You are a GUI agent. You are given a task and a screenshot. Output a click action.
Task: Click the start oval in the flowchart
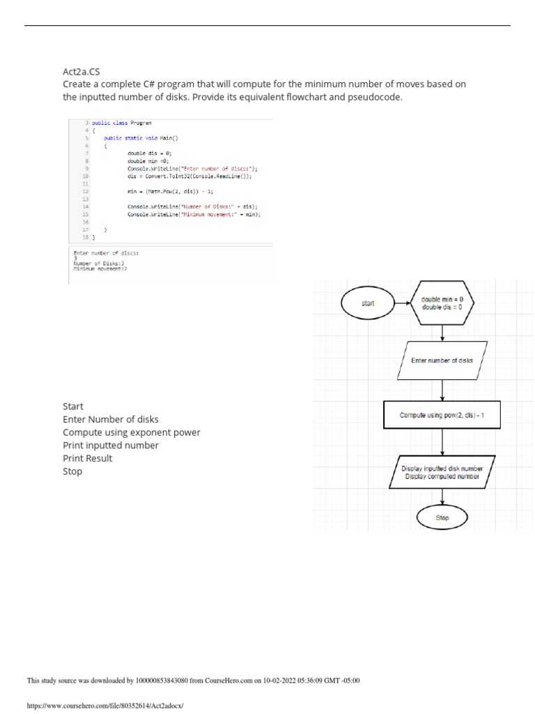tap(368, 303)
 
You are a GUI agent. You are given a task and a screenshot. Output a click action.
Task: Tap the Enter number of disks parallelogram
tap(442, 360)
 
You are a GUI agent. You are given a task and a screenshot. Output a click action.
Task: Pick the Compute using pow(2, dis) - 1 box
tap(442, 415)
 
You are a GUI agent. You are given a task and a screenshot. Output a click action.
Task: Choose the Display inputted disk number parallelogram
tap(442, 472)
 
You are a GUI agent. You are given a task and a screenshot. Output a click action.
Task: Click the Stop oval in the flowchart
tap(442, 518)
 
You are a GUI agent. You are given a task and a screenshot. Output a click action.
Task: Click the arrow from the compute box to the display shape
tap(442, 442)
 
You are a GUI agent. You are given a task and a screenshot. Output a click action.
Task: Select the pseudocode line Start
tap(73, 407)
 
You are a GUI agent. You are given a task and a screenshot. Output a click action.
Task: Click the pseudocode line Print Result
tap(87, 458)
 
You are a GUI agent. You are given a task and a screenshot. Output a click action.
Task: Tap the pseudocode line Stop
tap(72, 471)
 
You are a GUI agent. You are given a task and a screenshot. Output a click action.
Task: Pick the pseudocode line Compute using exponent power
tap(131, 432)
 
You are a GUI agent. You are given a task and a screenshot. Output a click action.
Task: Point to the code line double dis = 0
tap(149, 152)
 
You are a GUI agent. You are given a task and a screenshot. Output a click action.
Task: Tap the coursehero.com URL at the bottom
tap(104, 706)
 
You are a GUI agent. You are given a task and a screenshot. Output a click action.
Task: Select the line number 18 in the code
tap(85, 237)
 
